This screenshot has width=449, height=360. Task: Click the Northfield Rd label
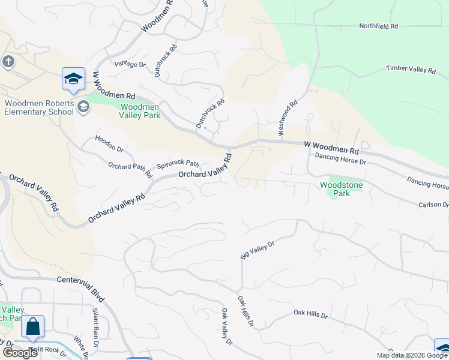(378, 26)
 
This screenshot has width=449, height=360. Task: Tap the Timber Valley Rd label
(411, 70)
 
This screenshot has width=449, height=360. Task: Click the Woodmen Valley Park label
(140, 111)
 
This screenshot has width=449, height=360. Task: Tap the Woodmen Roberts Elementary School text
(39, 107)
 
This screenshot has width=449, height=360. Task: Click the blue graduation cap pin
(73, 79)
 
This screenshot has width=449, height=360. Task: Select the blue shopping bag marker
(32, 327)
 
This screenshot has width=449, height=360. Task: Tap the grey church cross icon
(8, 61)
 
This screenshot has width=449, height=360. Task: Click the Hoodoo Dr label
(109, 143)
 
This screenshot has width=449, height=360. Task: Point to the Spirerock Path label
(178, 163)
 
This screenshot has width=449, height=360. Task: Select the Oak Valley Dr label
(226, 327)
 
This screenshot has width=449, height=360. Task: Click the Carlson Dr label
(433, 205)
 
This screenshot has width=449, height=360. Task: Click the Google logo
(20, 353)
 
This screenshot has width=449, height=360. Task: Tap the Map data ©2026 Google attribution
(412, 355)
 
